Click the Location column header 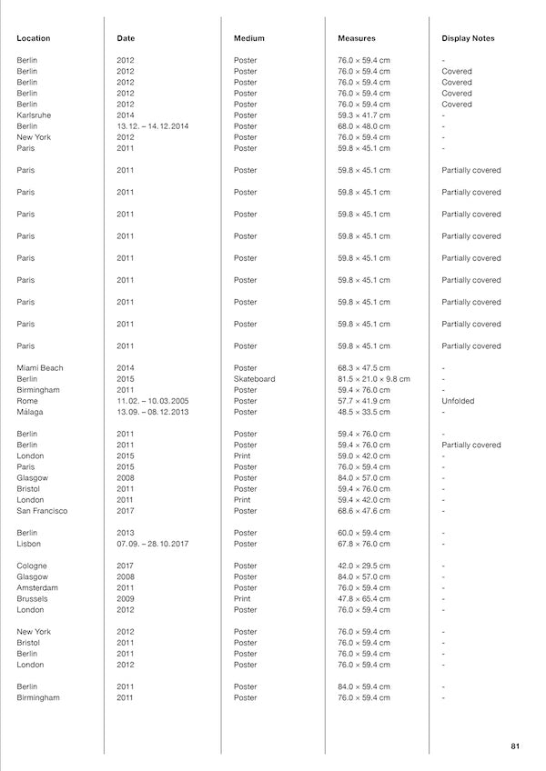pyautogui.click(x=34, y=38)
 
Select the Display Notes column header pyautogui.click(x=468, y=38)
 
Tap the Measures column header pyautogui.click(x=357, y=38)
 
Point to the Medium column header pyautogui.click(x=248, y=38)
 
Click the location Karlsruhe pyautogui.click(x=34, y=115)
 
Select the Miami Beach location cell pyautogui.click(x=40, y=368)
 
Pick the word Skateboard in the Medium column pyautogui.click(x=254, y=379)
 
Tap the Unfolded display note pyautogui.click(x=459, y=401)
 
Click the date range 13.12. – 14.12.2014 pyautogui.click(x=152, y=126)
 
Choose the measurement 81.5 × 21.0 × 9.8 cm pyautogui.click(x=374, y=379)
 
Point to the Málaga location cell pyautogui.click(x=30, y=412)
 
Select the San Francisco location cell pyautogui.click(x=42, y=511)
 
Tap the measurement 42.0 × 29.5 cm pyautogui.click(x=364, y=566)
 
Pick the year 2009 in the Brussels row pyautogui.click(x=126, y=599)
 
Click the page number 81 pyautogui.click(x=515, y=746)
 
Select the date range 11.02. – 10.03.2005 pyautogui.click(x=152, y=401)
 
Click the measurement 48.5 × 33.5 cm pyautogui.click(x=364, y=412)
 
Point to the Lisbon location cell pyautogui.click(x=29, y=544)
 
